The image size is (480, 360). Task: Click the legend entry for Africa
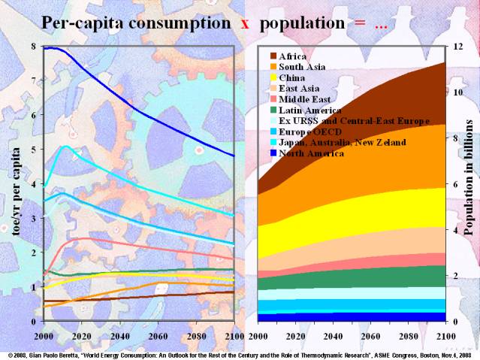(292, 56)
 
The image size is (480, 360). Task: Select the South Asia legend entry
(301, 67)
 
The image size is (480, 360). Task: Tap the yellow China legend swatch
(273, 77)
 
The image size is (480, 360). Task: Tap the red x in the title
(244, 23)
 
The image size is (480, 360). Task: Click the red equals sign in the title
(359, 23)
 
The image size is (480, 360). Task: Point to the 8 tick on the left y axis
(33, 47)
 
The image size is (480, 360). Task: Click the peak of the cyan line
(66, 146)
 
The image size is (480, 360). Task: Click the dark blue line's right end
(234, 156)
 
